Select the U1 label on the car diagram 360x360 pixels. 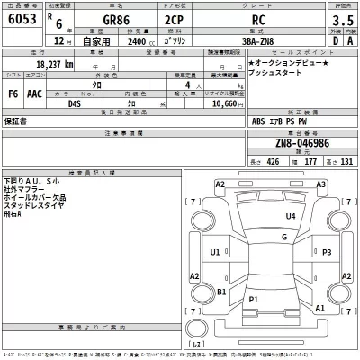tap(215, 253)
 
